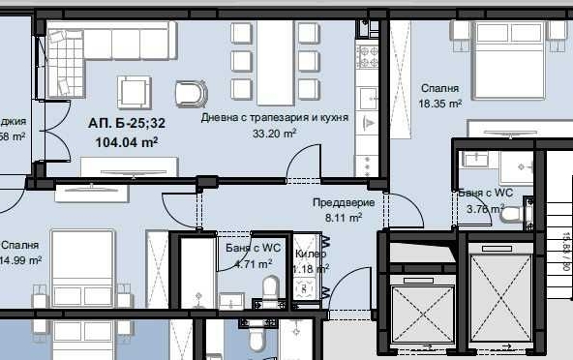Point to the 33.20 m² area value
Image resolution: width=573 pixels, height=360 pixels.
(275, 135)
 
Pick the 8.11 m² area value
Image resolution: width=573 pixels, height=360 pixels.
(343, 219)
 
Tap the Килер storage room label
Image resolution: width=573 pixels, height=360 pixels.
(311, 254)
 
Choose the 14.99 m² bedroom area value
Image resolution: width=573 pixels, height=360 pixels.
(20, 260)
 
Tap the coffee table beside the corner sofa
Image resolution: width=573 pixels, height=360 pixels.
(135, 92)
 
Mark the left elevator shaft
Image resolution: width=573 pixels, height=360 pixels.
(419, 307)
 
